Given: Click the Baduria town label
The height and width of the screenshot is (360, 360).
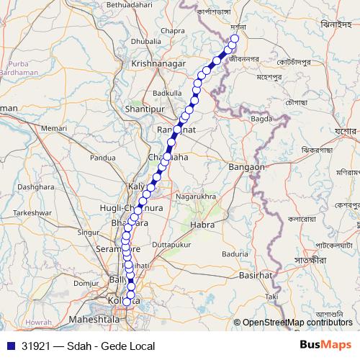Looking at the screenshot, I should [x=235, y=253].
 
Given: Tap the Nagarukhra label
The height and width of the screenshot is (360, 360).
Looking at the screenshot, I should [x=197, y=195].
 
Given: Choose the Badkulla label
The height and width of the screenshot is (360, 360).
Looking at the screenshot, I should [x=167, y=93].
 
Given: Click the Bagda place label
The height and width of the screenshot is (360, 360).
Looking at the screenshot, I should [x=261, y=117].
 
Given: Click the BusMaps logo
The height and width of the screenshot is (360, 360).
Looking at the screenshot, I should [x=325, y=345].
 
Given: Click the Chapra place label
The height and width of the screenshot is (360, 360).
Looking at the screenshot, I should [x=174, y=31].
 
